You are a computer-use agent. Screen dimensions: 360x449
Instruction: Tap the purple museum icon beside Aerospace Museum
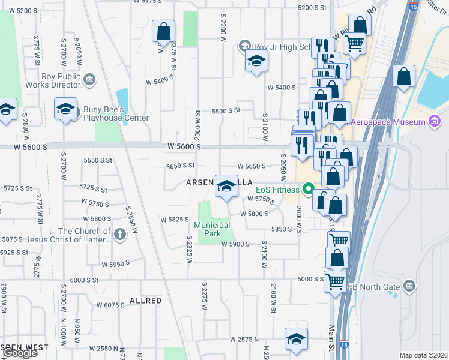(434, 122)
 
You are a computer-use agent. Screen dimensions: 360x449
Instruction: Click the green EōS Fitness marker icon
(309, 190)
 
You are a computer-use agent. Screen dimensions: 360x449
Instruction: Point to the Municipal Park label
(212, 229)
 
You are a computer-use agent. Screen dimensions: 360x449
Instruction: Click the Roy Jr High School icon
(244, 46)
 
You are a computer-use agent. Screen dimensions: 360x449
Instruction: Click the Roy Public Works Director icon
(89, 78)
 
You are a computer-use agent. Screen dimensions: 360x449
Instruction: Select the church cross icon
(119, 233)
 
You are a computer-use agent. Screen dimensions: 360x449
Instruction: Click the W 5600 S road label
(184, 146)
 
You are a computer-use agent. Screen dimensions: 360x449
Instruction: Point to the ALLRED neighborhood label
(145, 300)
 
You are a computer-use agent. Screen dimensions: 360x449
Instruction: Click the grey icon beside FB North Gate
(410, 284)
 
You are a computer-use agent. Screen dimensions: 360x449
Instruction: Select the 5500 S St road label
(225, 110)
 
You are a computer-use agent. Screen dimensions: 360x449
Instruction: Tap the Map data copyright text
(424, 355)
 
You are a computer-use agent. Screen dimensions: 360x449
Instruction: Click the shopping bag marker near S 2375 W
(163, 32)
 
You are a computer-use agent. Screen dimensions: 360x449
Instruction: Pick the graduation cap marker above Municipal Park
(226, 185)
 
